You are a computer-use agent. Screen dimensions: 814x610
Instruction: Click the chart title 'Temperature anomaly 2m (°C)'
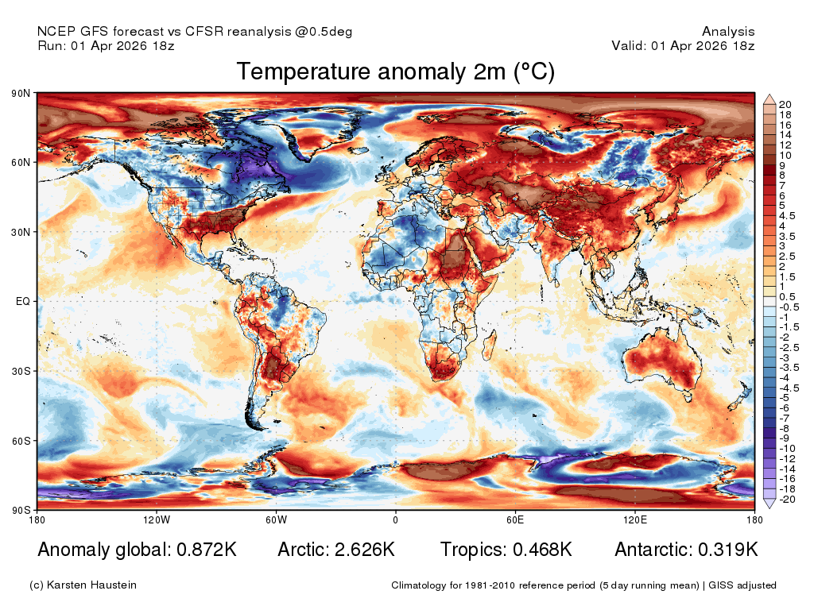click(396, 71)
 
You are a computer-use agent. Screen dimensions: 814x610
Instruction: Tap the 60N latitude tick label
click(21, 162)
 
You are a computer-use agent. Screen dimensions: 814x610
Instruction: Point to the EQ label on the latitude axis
click(23, 301)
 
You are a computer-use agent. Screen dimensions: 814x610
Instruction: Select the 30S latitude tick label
click(21, 372)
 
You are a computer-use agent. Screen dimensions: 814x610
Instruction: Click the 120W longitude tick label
click(157, 519)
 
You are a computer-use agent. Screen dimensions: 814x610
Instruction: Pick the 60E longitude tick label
click(515, 519)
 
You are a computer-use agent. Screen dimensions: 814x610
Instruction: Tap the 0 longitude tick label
click(396, 519)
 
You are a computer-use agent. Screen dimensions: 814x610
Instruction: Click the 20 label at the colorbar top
click(785, 104)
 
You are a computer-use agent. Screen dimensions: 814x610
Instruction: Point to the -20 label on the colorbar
click(787, 500)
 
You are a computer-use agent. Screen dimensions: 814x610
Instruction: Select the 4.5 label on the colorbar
click(787, 216)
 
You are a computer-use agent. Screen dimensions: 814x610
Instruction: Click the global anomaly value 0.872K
click(207, 550)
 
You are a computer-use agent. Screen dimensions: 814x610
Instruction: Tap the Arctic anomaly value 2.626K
click(365, 550)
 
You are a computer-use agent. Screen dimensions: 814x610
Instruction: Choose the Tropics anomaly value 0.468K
click(542, 550)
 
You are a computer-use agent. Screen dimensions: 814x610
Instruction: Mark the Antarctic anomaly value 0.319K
click(728, 550)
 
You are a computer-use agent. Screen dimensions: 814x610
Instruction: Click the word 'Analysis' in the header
click(728, 32)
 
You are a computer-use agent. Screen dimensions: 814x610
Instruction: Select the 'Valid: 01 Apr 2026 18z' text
click(683, 45)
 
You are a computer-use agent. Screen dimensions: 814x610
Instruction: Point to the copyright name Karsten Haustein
click(91, 585)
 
